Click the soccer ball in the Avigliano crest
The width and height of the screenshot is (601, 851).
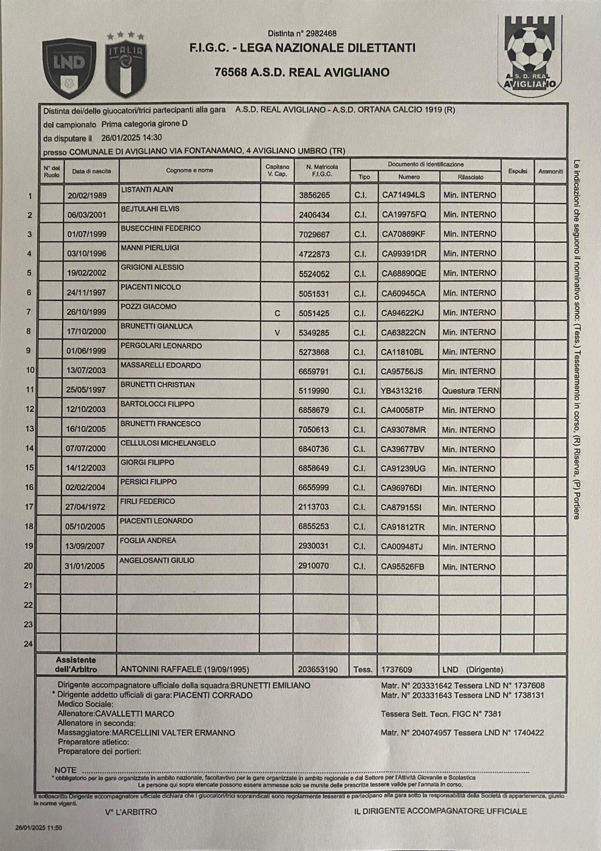[x=528, y=48]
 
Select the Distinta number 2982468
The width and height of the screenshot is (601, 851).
[x=302, y=34]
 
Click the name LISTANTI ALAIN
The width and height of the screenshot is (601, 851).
[x=147, y=189]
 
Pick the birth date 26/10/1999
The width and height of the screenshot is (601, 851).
[x=87, y=312]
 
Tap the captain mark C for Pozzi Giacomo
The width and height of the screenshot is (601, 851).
[x=277, y=313]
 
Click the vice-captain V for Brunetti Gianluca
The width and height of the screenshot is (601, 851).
[x=277, y=333]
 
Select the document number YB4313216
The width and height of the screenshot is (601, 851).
[x=402, y=391]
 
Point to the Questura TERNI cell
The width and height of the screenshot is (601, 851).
[x=470, y=391]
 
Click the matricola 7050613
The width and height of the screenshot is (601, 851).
[x=314, y=430]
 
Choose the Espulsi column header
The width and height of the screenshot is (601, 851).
[x=517, y=171]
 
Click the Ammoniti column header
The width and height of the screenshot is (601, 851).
[x=550, y=171]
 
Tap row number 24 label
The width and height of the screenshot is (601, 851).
[x=28, y=644]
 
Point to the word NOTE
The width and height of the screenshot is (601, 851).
[x=65, y=770]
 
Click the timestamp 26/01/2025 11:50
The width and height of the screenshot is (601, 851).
[x=39, y=828]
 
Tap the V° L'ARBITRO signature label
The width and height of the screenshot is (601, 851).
[x=131, y=812]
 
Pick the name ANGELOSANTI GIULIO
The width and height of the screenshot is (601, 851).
[x=157, y=560]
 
